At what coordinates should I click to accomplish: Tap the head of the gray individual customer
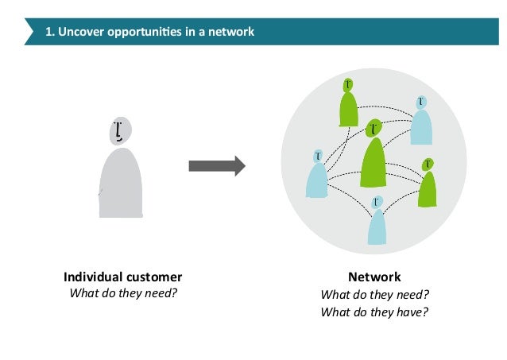click(120, 130)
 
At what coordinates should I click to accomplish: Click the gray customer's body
click(121, 184)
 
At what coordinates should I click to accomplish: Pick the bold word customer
click(153, 277)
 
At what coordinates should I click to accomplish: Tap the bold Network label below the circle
click(374, 277)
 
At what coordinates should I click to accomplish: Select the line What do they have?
click(374, 312)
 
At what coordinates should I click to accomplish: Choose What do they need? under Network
click(374, 295)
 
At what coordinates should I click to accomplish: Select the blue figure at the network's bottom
click(377, 223)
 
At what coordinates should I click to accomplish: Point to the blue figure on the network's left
click(317, 176)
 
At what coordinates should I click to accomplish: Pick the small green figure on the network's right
click(428, 184)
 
